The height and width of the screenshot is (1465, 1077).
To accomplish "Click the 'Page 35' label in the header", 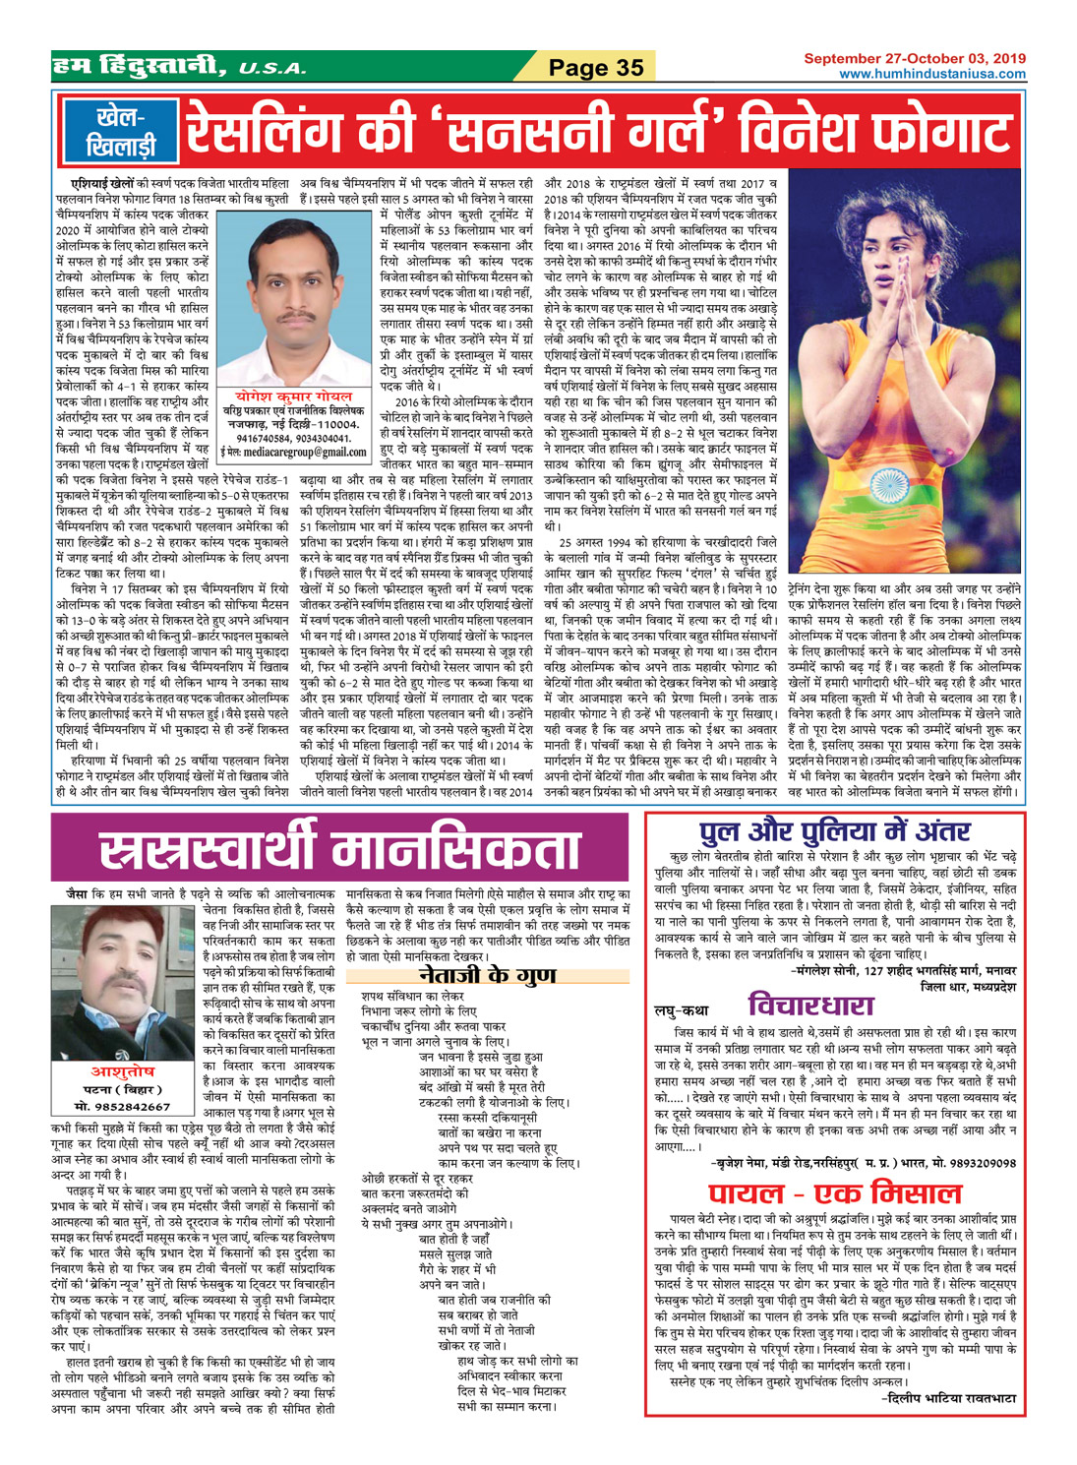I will pyautogui.click(x=596, y=67).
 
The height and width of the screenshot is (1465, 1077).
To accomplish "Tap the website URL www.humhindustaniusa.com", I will pyautogui.click(x=931, y=74).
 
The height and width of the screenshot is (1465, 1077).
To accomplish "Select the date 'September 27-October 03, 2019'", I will pyautogui.click(x=915, y=59).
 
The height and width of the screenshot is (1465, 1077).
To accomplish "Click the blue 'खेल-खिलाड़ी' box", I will pyautogui.click(x=120, y=132).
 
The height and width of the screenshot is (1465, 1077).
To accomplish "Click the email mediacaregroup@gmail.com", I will pyautogui.click(x=294, y=452).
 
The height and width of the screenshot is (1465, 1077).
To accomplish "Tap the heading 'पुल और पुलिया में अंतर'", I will pyautogui.click(x=834, y=832).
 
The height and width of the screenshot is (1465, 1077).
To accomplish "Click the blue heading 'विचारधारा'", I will pyautogui.click(x=810, y=1006).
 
